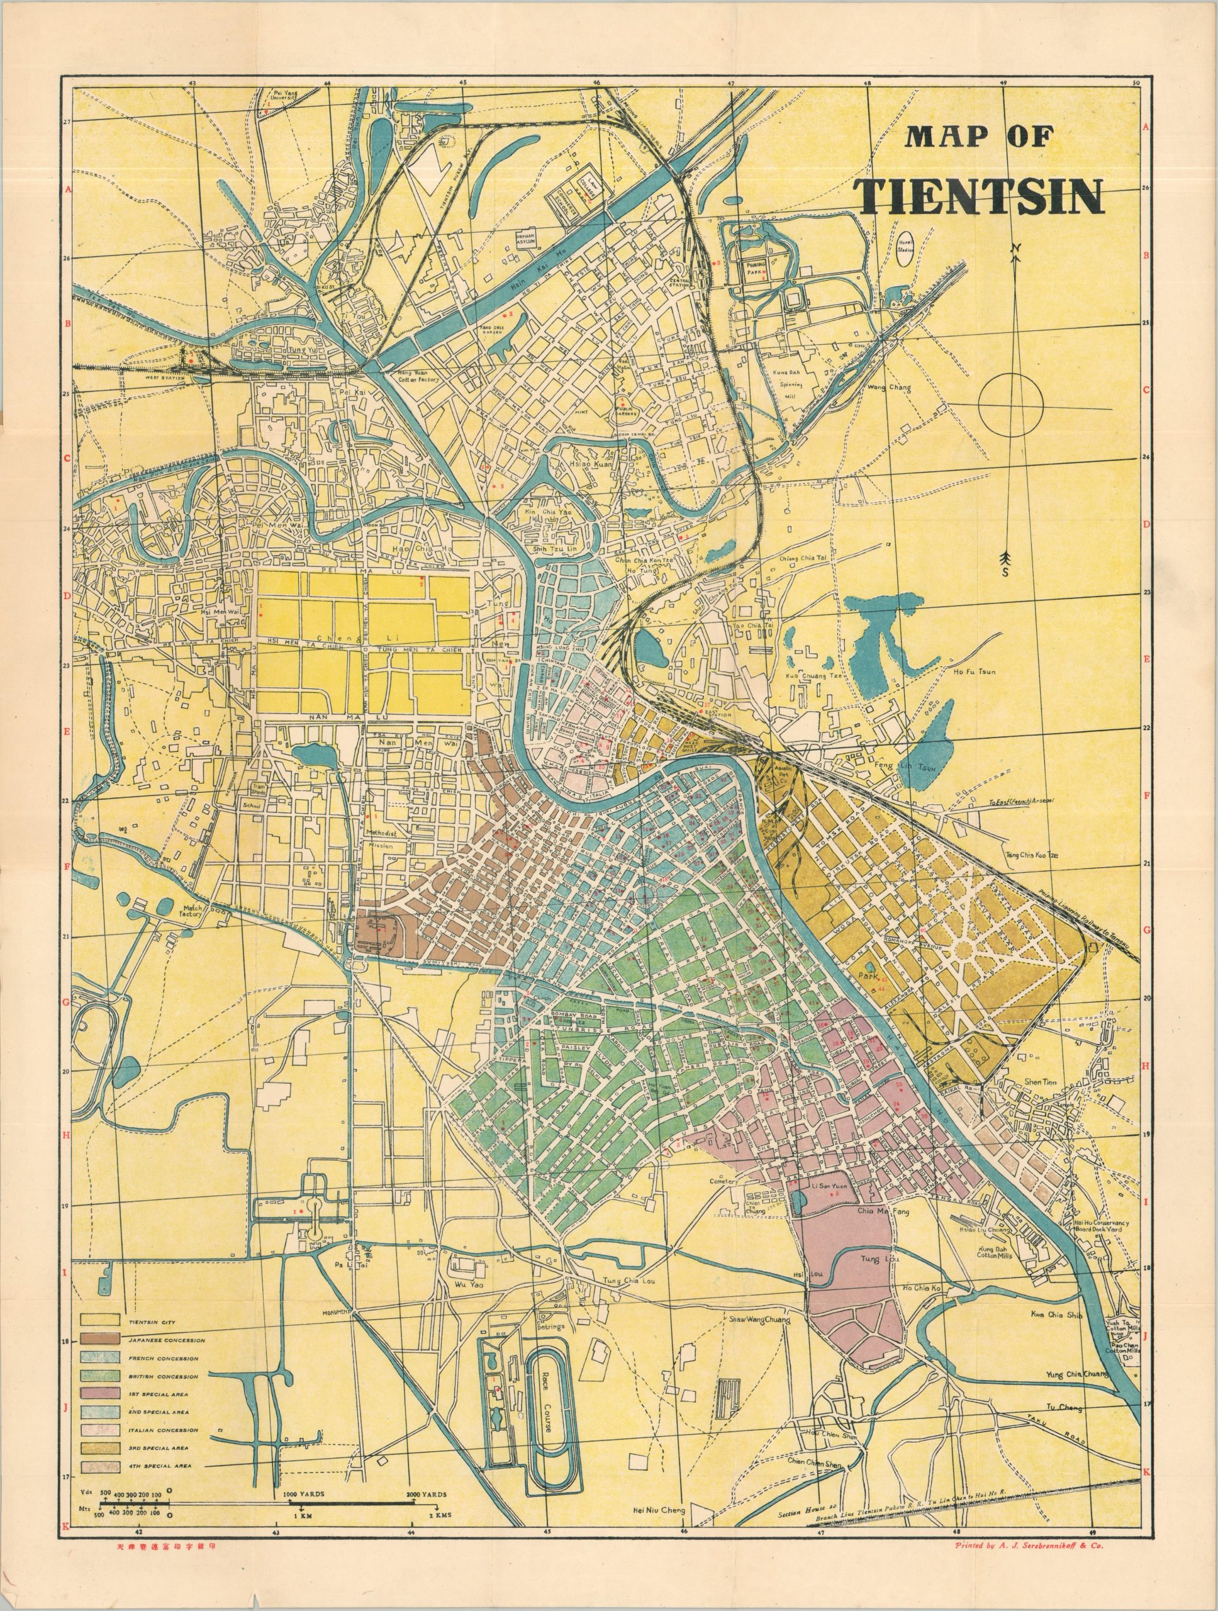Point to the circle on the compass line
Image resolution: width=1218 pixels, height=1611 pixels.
coord(1011,404)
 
